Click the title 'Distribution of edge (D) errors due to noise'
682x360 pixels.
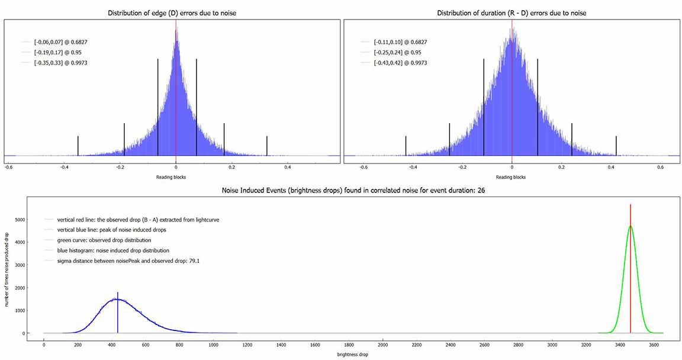(172, 13)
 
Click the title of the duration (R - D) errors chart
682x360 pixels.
(511, 13)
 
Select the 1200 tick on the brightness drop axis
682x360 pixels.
(247, 345)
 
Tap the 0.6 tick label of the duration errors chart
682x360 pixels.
(661, 167)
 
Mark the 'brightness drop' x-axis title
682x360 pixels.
(340, 354)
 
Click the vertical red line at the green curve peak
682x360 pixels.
(630, 266)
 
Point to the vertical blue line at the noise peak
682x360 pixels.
(118, 314)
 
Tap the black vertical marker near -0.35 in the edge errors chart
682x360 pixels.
(78, 145)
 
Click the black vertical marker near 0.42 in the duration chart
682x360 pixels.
(616, 144)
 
